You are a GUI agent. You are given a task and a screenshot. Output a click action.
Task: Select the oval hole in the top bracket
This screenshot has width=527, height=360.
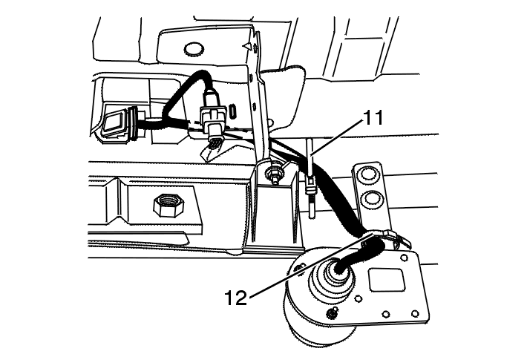(193, 49)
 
